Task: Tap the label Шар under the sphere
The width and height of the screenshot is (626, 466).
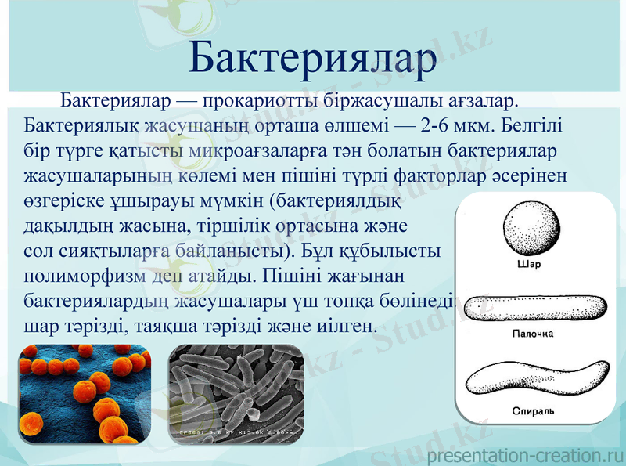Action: [530, 264]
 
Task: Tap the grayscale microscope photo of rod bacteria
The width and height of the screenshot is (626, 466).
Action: [236, 395]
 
